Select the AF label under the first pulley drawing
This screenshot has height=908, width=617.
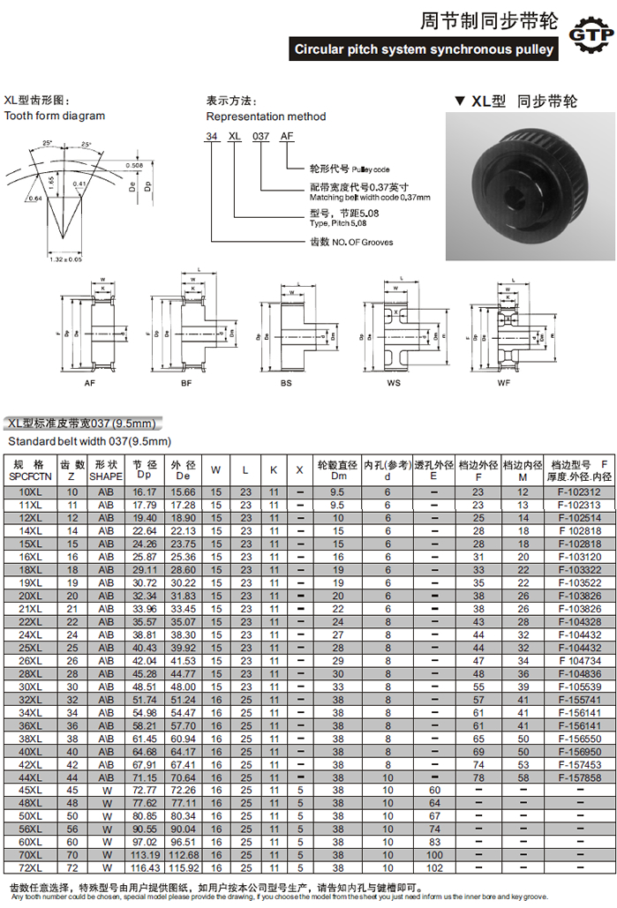tap(89, 383)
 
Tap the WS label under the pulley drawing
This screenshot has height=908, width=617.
tap(394, 383)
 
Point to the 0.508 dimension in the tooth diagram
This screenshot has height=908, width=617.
tap(134, 165)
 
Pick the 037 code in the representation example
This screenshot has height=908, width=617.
tap(260, 137)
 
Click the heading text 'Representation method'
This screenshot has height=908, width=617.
tap(266, 116)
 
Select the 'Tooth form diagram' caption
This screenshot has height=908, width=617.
tap(55, 116)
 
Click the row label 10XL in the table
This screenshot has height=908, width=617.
tap(30, 492)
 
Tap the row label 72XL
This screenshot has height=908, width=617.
tap(30, 868)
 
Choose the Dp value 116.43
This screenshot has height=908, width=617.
tap(144, 868)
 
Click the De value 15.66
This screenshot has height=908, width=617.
tap(184, 492)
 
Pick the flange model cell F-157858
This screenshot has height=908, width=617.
tap(579, 777)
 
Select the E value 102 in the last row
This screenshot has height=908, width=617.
tap(433, 868)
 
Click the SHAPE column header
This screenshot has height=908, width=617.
tap(106, 469)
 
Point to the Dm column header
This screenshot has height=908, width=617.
tap(336, 469)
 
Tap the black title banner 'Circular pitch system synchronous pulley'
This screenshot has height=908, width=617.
tap(424, 49)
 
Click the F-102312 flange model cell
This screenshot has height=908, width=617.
tap(579, 492)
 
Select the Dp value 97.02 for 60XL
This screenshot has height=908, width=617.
tap(144, 843)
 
